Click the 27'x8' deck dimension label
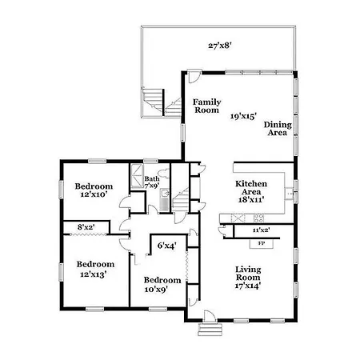219,46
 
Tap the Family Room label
206,106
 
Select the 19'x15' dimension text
243,116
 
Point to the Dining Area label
278,129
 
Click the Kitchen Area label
251,188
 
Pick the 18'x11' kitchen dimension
251,199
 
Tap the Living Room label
248,274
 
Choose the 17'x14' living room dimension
248,286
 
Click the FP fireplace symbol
262,244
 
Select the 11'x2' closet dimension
261,230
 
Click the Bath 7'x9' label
152,182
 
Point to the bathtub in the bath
137,176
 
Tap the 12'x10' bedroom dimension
94,194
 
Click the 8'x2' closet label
86,227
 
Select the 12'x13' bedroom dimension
94,274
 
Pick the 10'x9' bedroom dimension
156,289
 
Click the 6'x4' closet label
166,246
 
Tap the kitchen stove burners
258,218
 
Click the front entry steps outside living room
210,330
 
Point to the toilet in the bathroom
162,174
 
